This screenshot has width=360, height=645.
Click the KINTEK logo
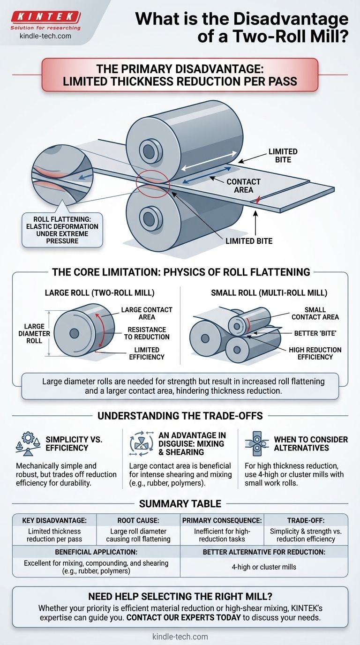click(45, 17)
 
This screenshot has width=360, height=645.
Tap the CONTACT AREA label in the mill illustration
click(243, 186)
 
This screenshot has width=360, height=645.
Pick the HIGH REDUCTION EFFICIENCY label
click(315, 353)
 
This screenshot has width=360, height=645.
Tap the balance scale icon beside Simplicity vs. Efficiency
click(28, 444)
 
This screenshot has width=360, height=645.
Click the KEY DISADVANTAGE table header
click(54, 520)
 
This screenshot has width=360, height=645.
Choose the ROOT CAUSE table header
click(138, 520)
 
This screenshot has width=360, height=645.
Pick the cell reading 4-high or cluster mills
click(264, 567)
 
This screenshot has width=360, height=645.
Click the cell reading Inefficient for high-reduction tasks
click(222, 535)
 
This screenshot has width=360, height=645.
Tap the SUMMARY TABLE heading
click(180, 504)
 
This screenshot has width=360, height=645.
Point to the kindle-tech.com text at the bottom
click(180, 637)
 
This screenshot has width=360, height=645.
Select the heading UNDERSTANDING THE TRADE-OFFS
click(180, 416)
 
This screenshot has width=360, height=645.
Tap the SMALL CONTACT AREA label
click(315, 313)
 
